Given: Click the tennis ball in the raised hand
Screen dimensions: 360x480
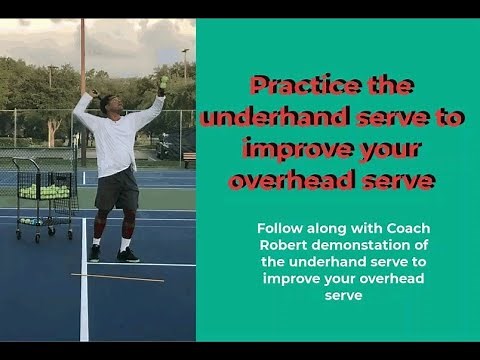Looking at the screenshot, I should [163, 81].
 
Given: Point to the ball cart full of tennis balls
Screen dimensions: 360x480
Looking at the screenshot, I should [45, 195].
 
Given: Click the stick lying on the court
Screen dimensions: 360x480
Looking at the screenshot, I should [117, 277].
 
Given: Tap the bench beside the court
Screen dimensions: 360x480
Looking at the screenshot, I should [189, 159].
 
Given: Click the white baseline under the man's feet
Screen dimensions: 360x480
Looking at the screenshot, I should [84, 300].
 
